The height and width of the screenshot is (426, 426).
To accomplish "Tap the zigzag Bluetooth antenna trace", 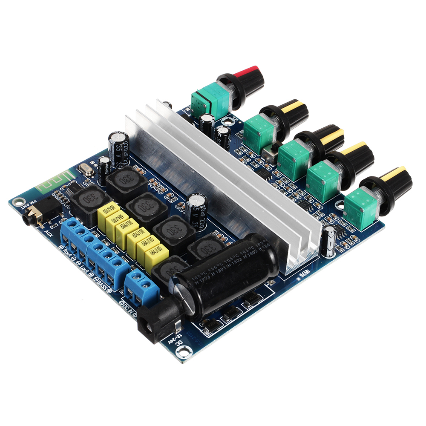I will pos(53,181).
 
